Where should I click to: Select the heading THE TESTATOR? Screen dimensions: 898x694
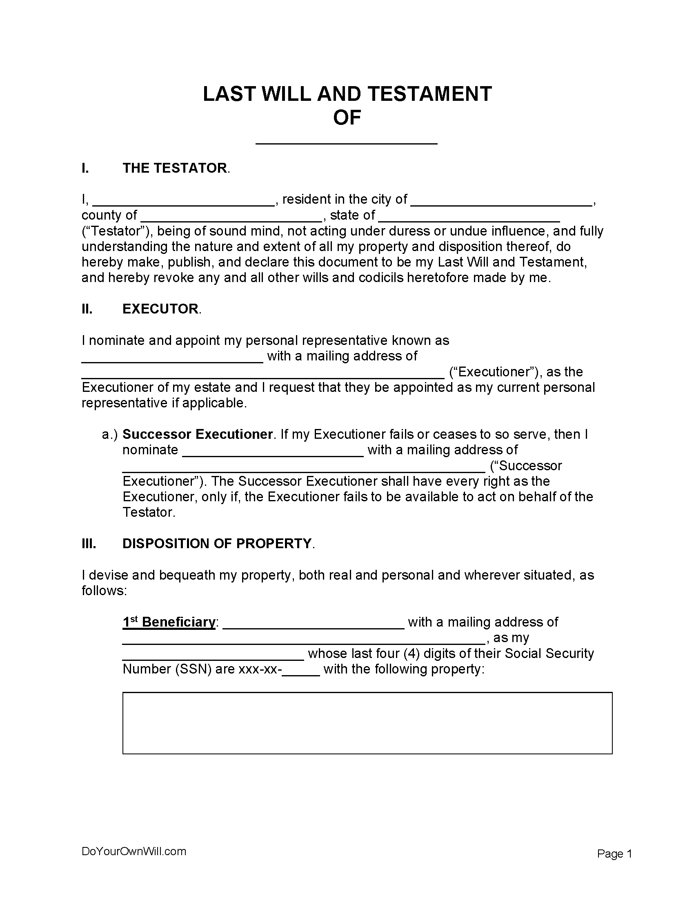point(174,168)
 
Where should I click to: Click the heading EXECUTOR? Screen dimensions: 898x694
point(160,309)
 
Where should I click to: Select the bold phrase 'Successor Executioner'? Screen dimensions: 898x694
point(197,434)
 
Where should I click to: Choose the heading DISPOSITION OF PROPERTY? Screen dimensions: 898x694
point(217,544)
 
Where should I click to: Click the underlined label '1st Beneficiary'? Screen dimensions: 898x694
point(169,622)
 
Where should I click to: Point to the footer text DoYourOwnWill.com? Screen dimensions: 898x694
point(133,851)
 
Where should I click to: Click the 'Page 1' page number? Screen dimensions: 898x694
point(614,854)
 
